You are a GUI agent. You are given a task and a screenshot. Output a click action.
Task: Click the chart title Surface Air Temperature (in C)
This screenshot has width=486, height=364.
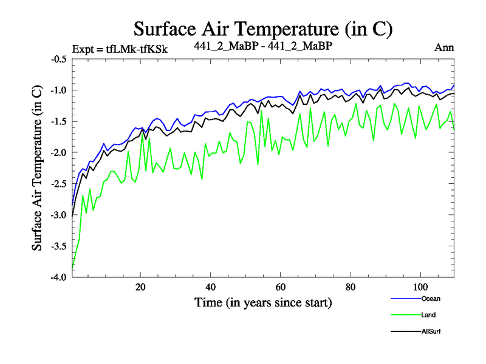[x=262, y=29]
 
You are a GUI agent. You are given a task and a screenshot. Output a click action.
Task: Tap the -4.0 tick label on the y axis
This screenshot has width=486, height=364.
[x=58, y=277]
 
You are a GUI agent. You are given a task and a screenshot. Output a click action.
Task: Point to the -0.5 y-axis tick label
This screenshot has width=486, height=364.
[x=58, y=59]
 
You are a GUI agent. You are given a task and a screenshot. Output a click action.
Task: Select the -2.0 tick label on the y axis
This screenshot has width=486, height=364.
[x=58, y=153]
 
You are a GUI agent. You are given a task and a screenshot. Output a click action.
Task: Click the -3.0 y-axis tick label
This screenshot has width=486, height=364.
[x=58, y=215]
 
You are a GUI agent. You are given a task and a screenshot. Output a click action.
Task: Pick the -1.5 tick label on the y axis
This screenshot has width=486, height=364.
[x=58, y=122]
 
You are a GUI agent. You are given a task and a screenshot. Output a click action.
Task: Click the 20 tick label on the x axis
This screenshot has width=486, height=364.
[x=140, y=286]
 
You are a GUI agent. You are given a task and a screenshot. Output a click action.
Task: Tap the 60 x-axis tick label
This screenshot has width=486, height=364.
[x=280, y=286]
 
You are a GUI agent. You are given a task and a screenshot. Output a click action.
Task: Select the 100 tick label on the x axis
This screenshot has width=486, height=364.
[x=420, y=286]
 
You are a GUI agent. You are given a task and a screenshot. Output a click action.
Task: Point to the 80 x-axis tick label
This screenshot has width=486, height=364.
[x=350, y=286]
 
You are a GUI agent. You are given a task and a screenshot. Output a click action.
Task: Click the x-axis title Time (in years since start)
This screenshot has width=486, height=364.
[x=263, y=302]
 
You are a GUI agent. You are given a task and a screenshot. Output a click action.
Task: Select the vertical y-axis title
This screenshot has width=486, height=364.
[x=37, y=167]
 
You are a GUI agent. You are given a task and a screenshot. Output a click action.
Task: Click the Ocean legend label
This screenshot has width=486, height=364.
[x=430, y=298]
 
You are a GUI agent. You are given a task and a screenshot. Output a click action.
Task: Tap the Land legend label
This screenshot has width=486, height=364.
[x=428, y=315]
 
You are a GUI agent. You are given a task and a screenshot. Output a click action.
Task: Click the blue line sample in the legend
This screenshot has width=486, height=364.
[x=405, y=298]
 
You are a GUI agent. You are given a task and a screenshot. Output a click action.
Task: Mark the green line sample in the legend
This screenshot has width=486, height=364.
[x=405, y=315]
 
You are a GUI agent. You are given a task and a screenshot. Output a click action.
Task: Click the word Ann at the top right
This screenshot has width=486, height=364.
[x=444, y=47]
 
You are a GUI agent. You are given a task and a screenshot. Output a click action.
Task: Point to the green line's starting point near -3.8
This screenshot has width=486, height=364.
[x=72, y=266]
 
